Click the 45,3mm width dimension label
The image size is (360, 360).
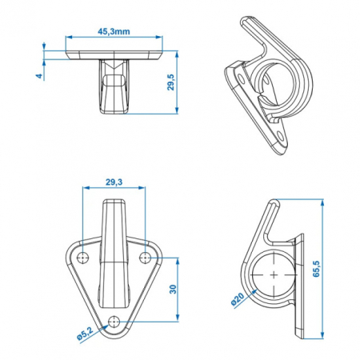click(x=114, y=31)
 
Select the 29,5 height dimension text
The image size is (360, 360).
click(x=170, y=82)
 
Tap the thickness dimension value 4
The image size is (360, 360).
click(x=39, y=76)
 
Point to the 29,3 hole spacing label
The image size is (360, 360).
click(x=114, y=182)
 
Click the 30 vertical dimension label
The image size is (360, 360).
click(x=173, y=290)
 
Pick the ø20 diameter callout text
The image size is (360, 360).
click(x=238, y=299)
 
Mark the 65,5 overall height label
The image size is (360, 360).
click(x=316, y=269)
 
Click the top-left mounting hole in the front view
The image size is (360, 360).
click(x=82, y=258)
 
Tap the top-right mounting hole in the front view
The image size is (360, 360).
click(x=146, y=258)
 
